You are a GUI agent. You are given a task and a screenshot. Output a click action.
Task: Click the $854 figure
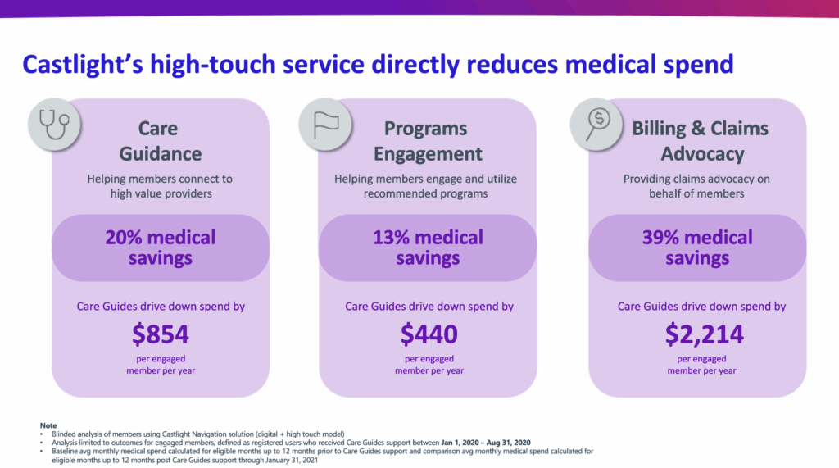[x=161, y=334]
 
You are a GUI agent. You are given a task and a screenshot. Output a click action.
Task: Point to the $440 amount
[x=429, y=334]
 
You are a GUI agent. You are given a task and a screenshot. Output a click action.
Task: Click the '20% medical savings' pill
[x=161, y=248]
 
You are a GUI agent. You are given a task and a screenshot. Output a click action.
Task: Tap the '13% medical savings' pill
[x=429, y=248]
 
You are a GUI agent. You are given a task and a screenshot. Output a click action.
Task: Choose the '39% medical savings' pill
[x=697, y=248]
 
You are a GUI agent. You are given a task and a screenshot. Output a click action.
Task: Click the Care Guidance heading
[x=160, y=141]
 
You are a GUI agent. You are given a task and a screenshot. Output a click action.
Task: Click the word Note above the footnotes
[x=48, y=425]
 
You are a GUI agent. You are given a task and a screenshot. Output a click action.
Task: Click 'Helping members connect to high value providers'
[x=160, y=186]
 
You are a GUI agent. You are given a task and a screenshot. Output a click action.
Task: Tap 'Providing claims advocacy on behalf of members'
[x=697, y=186]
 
